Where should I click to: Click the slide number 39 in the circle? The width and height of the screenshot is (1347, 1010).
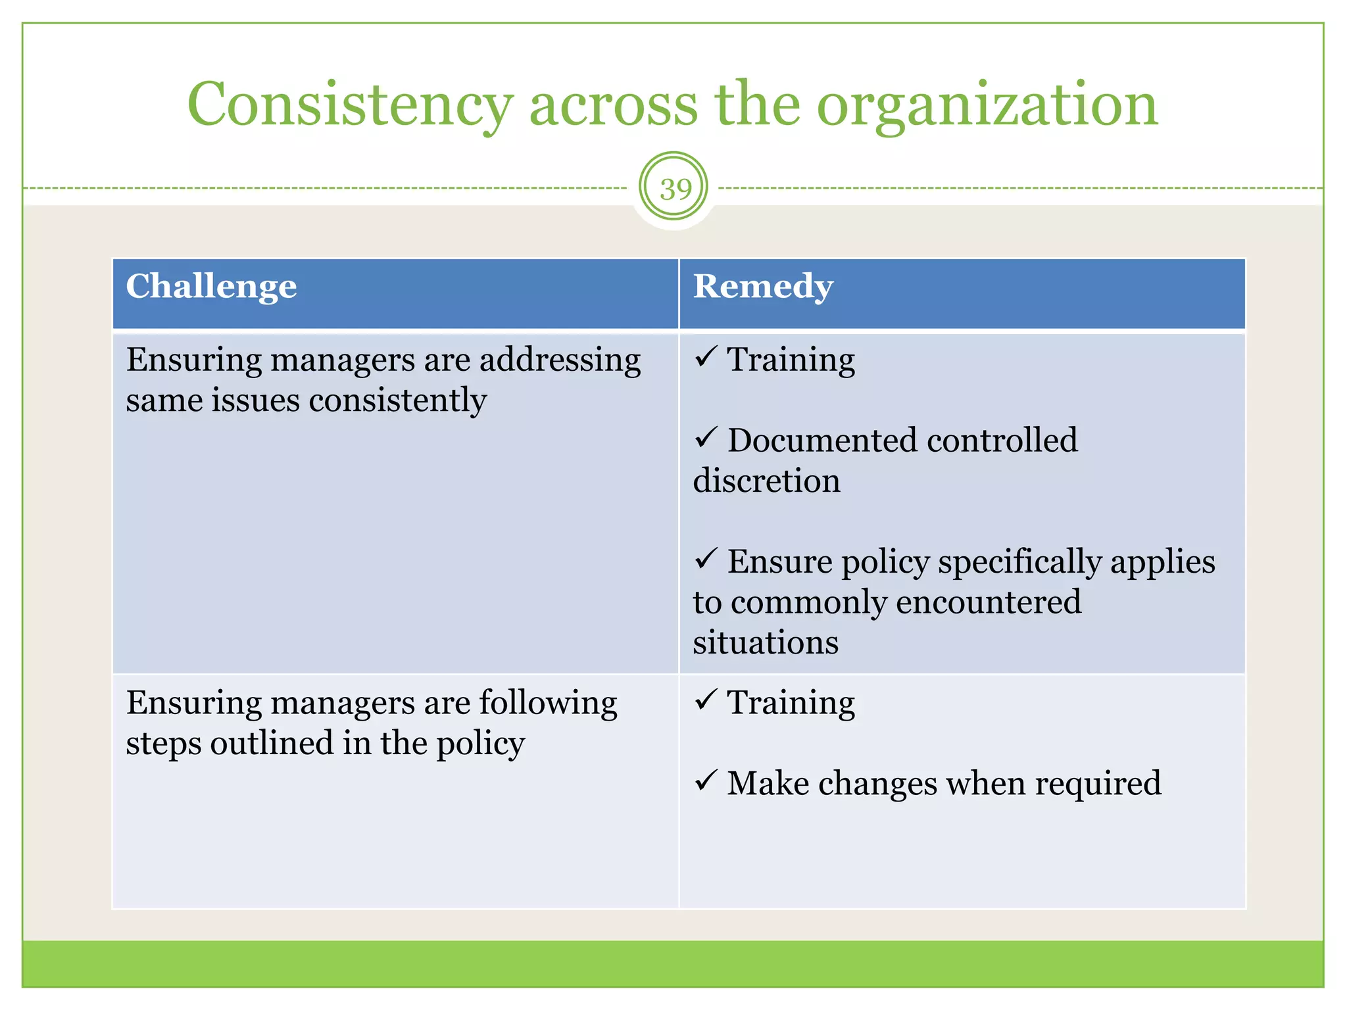pos(675,189)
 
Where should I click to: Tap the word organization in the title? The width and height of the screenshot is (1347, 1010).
pos(987,105)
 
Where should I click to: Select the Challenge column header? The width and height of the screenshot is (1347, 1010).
pos(211,287)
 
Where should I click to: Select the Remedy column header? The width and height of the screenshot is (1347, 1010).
pos(763,287)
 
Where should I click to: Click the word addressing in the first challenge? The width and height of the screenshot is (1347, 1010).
pos(560,360)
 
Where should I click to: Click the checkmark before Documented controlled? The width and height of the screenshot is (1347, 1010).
pos(705,437)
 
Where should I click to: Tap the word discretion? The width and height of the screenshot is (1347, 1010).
pos(766,481)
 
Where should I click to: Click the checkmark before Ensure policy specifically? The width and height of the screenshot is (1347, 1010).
pos(705,559)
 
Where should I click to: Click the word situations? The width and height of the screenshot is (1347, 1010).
pos(766,642)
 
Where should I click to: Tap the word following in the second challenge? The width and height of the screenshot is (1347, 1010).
pos(548,703)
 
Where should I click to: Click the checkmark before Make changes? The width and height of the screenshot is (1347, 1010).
pos(705,781)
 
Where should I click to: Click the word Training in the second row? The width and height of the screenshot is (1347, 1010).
pos(791,703)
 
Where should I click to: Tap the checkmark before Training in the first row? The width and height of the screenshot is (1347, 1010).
pos(705,357)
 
